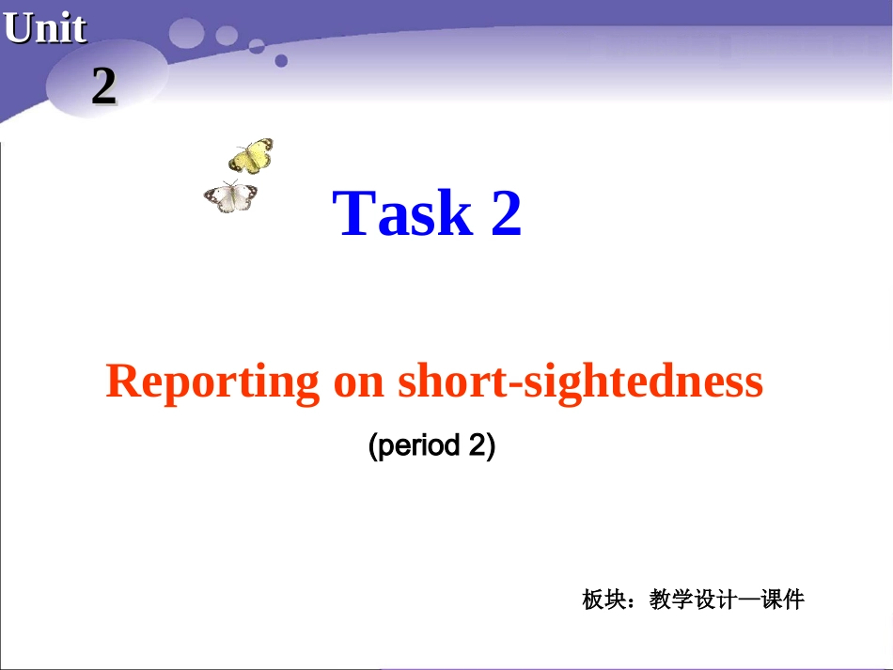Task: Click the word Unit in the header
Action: [45, 29]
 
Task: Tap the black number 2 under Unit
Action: [103, 86]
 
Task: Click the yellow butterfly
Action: [251, 156]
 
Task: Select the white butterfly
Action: [230, 196]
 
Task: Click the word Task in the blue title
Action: [403, 213]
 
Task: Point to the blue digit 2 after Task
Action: [506, 213]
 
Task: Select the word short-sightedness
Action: [580, 382]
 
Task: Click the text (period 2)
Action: [431, 445]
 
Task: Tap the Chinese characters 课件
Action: [783, 600]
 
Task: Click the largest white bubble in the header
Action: [186, 33]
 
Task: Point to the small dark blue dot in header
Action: [280, 61]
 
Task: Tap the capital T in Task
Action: [354, 213]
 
